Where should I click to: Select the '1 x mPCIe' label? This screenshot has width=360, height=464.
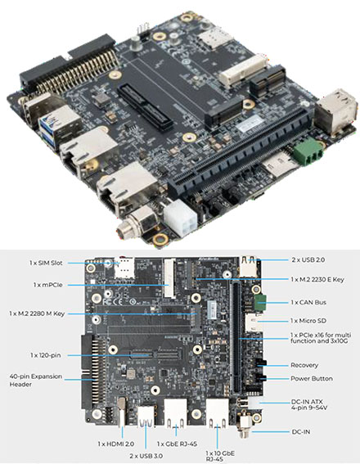click(48, 285)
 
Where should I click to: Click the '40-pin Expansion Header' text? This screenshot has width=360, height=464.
click(34, 381)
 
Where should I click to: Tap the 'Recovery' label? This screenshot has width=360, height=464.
click(307, 364)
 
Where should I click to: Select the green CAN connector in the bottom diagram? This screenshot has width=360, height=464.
click(263, 303)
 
